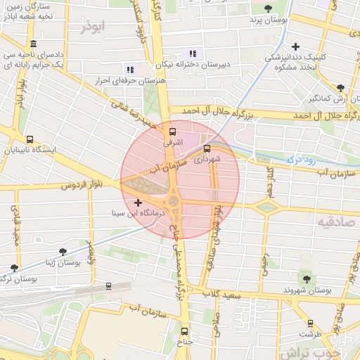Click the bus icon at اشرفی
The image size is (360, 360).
[x=173, y=131]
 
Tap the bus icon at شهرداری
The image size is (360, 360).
[x=207, y=148]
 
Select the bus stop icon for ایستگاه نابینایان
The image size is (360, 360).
[x=29, y=139]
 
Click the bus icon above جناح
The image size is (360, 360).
[x=185, y=331]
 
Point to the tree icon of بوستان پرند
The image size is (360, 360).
[x=267, y=8]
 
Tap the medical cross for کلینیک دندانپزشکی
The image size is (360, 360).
[x=296, y=46]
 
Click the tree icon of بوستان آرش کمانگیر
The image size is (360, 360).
[x=340, y=88]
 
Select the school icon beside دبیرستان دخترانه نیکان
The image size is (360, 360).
[x=192, y=53]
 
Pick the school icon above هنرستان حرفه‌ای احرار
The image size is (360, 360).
[x=129, y=69]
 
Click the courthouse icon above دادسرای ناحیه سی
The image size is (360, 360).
[x=33, y=44]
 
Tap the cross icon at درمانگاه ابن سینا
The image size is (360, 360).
[x=138, y=202]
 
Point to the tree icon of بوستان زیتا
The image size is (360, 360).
[x=63, y=251]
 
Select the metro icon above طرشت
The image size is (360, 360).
[x=310, y=323]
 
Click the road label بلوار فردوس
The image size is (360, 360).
[x=77, y=186]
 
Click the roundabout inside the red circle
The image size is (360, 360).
[x=173, y=202]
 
